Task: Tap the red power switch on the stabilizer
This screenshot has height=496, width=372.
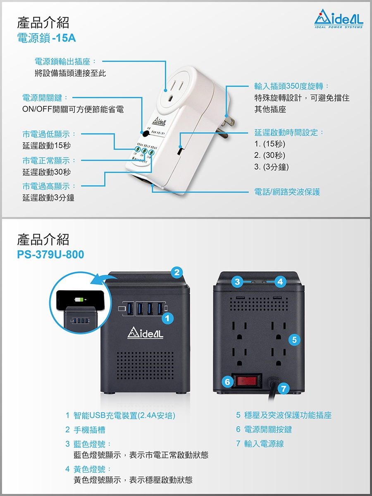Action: click(x=247, y=381)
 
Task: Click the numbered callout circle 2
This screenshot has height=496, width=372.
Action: click(x=177, y=272)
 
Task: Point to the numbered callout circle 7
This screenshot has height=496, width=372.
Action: click(x=283, y=389)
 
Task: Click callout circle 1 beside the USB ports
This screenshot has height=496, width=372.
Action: click(x=167, y=318)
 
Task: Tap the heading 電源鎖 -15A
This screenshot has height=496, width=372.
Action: click(x=46, y=38)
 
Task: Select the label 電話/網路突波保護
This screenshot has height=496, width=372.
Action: click(x=287, y=192)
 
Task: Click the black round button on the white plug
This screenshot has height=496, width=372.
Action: click(x=145, y=134)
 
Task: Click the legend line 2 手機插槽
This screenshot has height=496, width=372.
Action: click(x=85, y=430)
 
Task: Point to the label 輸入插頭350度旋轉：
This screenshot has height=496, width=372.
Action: click(x=292, y=86)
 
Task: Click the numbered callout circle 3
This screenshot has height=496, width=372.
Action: click(x=237, y=282)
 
